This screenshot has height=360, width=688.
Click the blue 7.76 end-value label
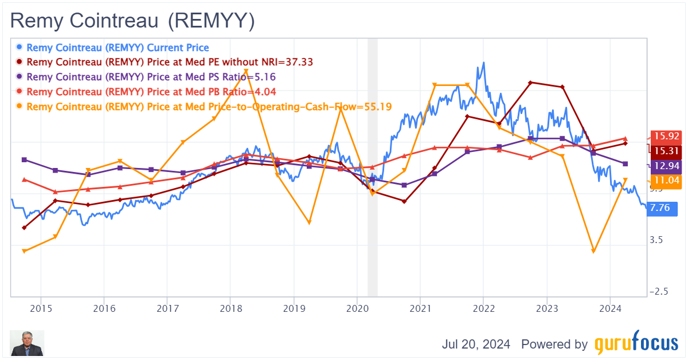pyautogui.click(x=660, y=209)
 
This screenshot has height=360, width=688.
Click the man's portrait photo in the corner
pyautogui.click(x=27, y=343)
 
